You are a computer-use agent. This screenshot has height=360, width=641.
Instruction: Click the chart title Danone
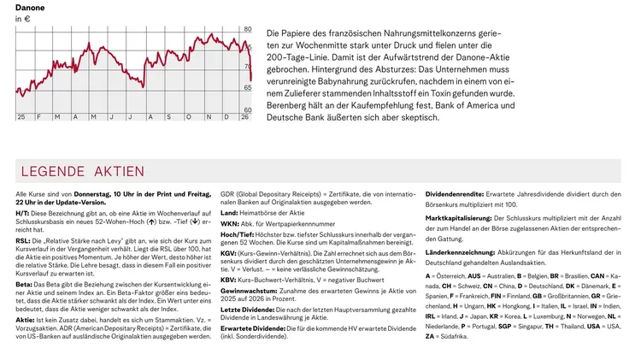click(30, 8)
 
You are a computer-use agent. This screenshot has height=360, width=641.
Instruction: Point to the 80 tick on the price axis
click(248, 29)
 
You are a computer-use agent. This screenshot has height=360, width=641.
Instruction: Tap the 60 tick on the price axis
click(248, 110)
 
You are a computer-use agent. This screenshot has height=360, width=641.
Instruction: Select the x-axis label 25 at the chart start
click(21, 116)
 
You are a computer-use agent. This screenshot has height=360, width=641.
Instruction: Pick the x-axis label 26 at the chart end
click(244, 116)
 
